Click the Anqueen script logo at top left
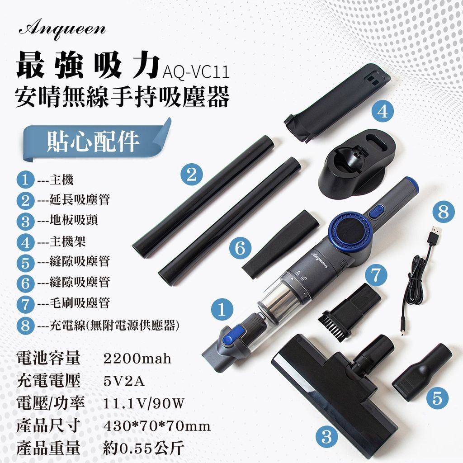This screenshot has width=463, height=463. tap(62, 30)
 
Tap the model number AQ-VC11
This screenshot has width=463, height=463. tap(196, 72)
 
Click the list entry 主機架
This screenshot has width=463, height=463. tap(67, 241)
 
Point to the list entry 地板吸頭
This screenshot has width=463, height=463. tap(74, 220)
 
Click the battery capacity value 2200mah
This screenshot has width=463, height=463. tap(137, 359)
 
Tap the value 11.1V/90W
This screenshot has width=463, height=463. tap(144, 403)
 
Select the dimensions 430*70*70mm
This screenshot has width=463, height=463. tap(157, 426)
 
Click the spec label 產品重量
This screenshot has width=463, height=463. tap(48, 448)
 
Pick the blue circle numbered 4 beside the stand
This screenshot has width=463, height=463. tap(383, 112)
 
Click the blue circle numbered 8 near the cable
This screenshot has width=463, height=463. tap(444, 212)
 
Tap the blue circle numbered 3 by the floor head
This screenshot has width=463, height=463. tap(326, 436)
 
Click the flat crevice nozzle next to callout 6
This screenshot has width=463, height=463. tap(280, 244)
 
